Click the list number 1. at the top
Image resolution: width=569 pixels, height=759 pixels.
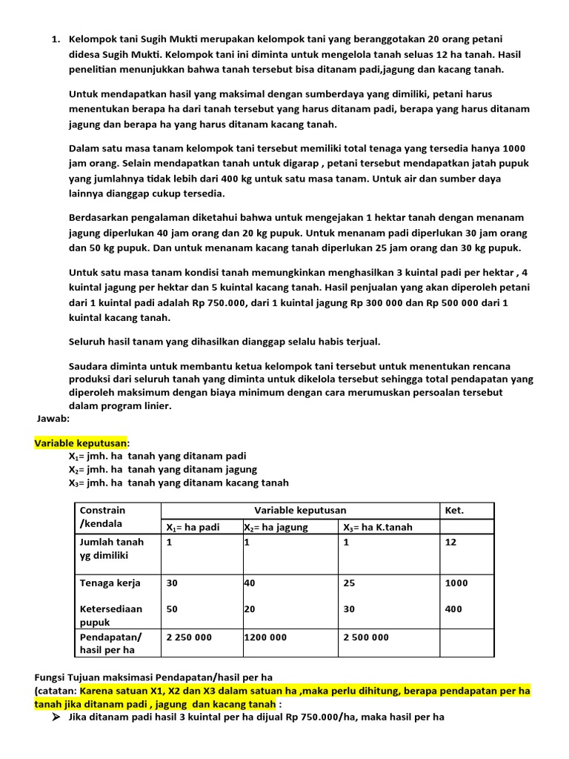click(x=56, y=39)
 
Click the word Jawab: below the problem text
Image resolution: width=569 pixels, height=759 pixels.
click(x=53, y=418)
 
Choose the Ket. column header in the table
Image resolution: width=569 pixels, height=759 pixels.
click(x=453, y=510)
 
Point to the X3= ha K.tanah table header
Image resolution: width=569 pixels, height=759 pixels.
click(x=377, y=527)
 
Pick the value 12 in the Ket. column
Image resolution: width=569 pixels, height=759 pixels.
click(x=450, y=542)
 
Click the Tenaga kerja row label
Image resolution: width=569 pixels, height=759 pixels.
click(x=110, y=583)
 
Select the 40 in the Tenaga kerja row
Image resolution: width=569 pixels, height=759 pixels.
click(x=249, y=583)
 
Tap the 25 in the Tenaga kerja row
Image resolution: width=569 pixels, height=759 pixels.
click(x=349, y=583)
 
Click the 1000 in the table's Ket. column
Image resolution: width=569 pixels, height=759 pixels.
click(x=456, y=583)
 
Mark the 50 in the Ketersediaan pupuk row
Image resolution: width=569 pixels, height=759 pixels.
click(x=172, y=609)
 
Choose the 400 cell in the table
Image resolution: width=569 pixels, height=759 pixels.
click(x=453, y=609)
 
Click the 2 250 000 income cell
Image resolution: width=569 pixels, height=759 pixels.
click(x=189, y=637)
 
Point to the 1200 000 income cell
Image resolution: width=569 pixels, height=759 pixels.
click(x=266, y=637)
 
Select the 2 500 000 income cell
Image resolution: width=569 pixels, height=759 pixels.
click(x=366, y=637)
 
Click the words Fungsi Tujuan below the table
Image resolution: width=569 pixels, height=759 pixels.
click(x=68, y=677)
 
